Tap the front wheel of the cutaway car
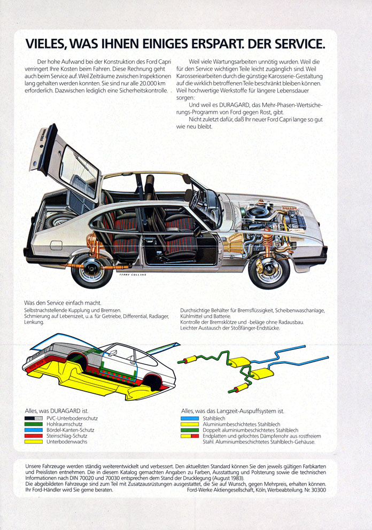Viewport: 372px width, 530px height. [269, 269]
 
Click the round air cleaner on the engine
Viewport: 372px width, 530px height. [258, 213]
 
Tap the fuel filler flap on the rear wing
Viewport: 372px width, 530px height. [56, 245]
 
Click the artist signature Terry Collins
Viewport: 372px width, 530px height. [133, 275]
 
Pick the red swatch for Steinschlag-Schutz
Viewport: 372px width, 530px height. [34, 436]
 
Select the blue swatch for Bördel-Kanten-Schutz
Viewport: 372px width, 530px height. [34, 430]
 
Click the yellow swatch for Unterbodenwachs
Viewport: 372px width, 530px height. [34, 442]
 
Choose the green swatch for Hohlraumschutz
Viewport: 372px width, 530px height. [34, 424]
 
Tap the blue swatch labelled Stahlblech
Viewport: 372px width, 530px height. [190, 418]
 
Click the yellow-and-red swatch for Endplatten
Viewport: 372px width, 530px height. [190, 436]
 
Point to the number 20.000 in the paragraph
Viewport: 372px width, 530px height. [149, 83]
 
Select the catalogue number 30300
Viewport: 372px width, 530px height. [319, 490]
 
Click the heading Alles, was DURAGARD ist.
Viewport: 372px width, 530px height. [57, 411]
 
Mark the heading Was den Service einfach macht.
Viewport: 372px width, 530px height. [63, 303]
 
